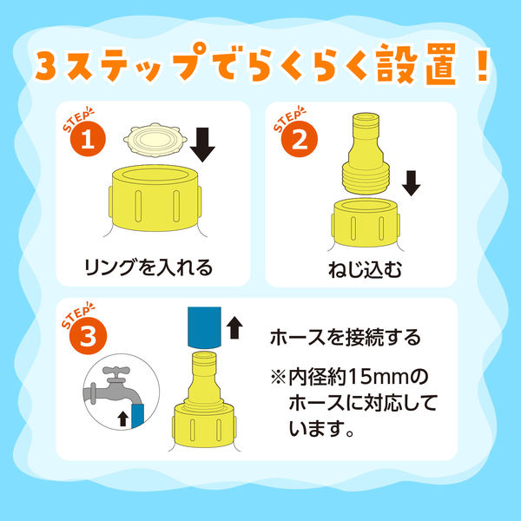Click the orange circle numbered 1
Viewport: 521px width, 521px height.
click(x=87, y=142)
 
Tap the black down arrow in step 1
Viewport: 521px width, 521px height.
click(x=203, y=144)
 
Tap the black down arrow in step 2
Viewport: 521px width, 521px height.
click(x=412, y=183)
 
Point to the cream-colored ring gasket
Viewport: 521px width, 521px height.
click(x=152, y=139)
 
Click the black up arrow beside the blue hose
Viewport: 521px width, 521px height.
click(x=233, y=326)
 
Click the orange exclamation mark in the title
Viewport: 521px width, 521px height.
click(x=478, y=68)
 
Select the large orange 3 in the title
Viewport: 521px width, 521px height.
click(x=50, y=68)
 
